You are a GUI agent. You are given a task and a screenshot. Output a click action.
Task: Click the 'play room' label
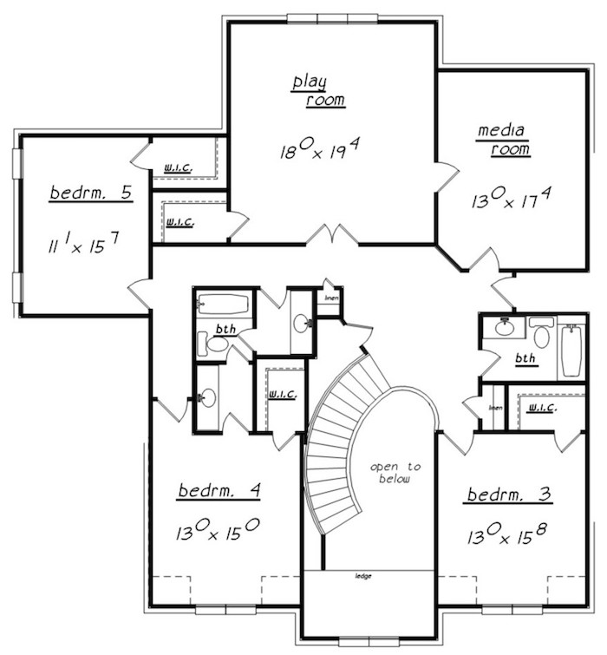[317, 91]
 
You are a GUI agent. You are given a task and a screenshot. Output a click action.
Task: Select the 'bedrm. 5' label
[91, 193]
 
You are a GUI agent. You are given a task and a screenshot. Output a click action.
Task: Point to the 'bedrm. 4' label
[219, 491]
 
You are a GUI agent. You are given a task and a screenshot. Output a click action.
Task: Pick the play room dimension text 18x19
[319, 150]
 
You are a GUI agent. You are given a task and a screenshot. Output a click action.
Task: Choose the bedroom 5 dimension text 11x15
[90, 246]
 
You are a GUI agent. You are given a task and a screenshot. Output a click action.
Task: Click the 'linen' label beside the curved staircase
[330, 298]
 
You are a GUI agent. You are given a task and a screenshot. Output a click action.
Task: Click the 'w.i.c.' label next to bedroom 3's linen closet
[541, 407]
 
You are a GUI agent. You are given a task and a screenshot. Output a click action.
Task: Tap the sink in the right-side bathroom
[502, 328]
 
